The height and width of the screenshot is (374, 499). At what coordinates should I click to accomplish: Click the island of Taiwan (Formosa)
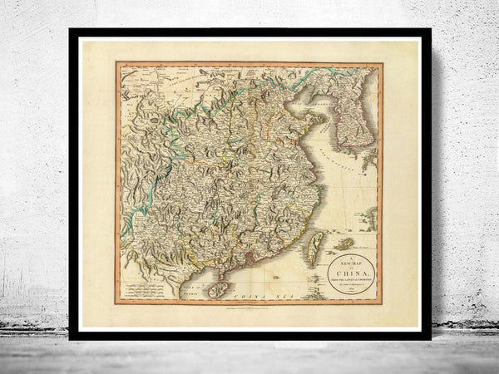[x=314, y=247]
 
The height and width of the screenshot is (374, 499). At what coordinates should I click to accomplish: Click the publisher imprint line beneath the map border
[x=249, y=307]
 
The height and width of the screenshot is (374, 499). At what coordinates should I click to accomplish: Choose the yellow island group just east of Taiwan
[x=343, y=244]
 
